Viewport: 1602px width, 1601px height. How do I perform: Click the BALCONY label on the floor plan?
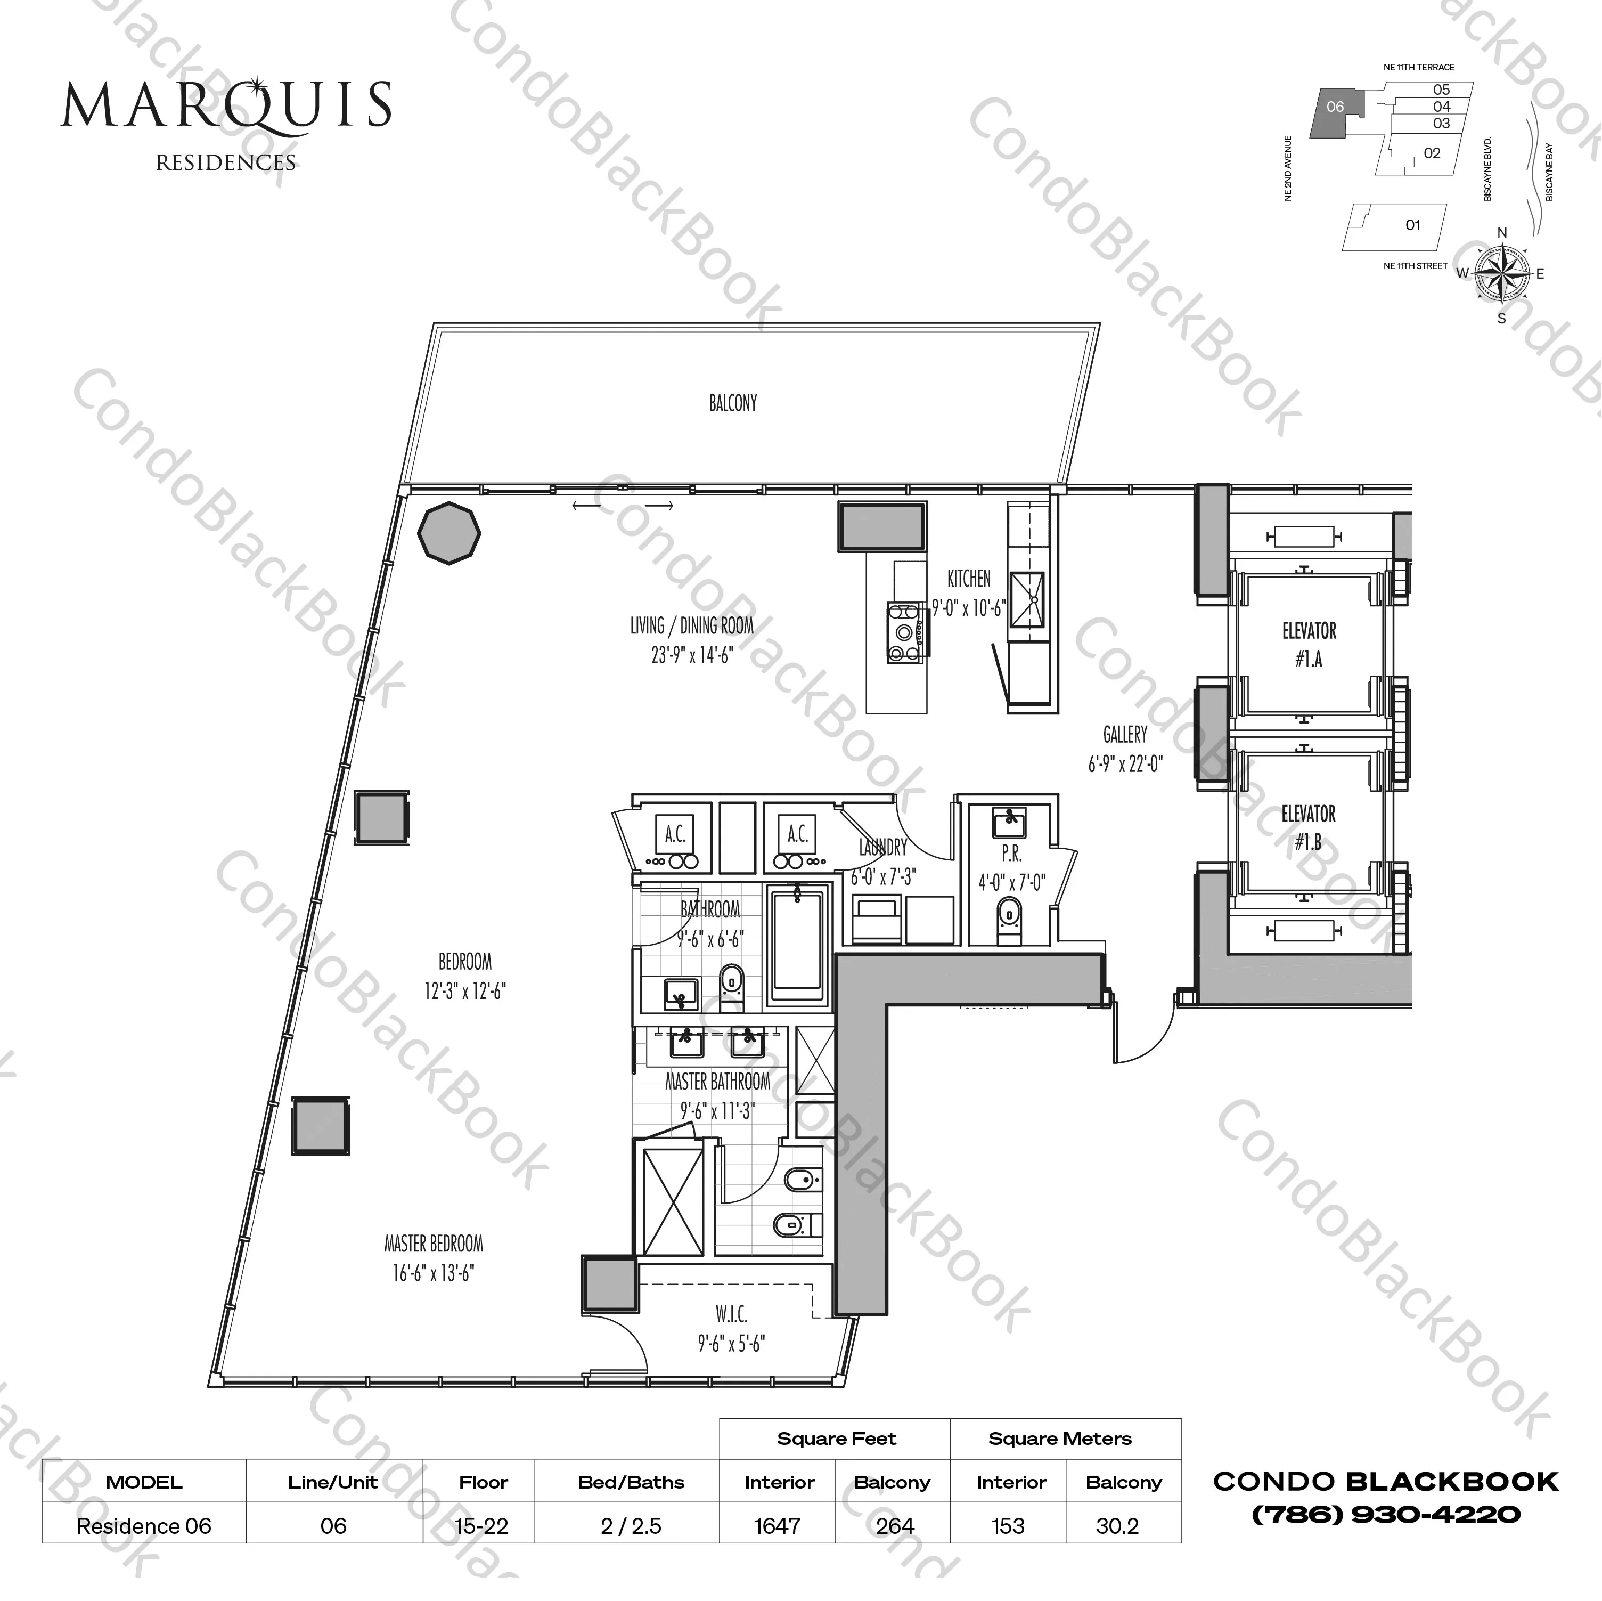[x=732, y=403]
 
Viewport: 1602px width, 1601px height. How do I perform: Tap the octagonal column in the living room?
[x=448, y=533]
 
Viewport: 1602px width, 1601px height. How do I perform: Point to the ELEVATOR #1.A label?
[x=1309, y=645]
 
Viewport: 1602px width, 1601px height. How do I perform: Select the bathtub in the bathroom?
[x=797, y=948]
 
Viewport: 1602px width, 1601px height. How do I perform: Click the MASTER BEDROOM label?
[x=433, y=1244]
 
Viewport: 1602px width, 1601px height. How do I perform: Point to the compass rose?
[x=1502, y=273]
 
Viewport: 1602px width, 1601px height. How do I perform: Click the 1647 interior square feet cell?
[x=777, y=1525]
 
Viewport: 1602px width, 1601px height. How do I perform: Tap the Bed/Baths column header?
[x=631, y=1482]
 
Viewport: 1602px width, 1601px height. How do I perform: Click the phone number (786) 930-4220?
[x=1386, y=1515]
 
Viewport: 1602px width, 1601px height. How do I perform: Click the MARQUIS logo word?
[x=225, y=105]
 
